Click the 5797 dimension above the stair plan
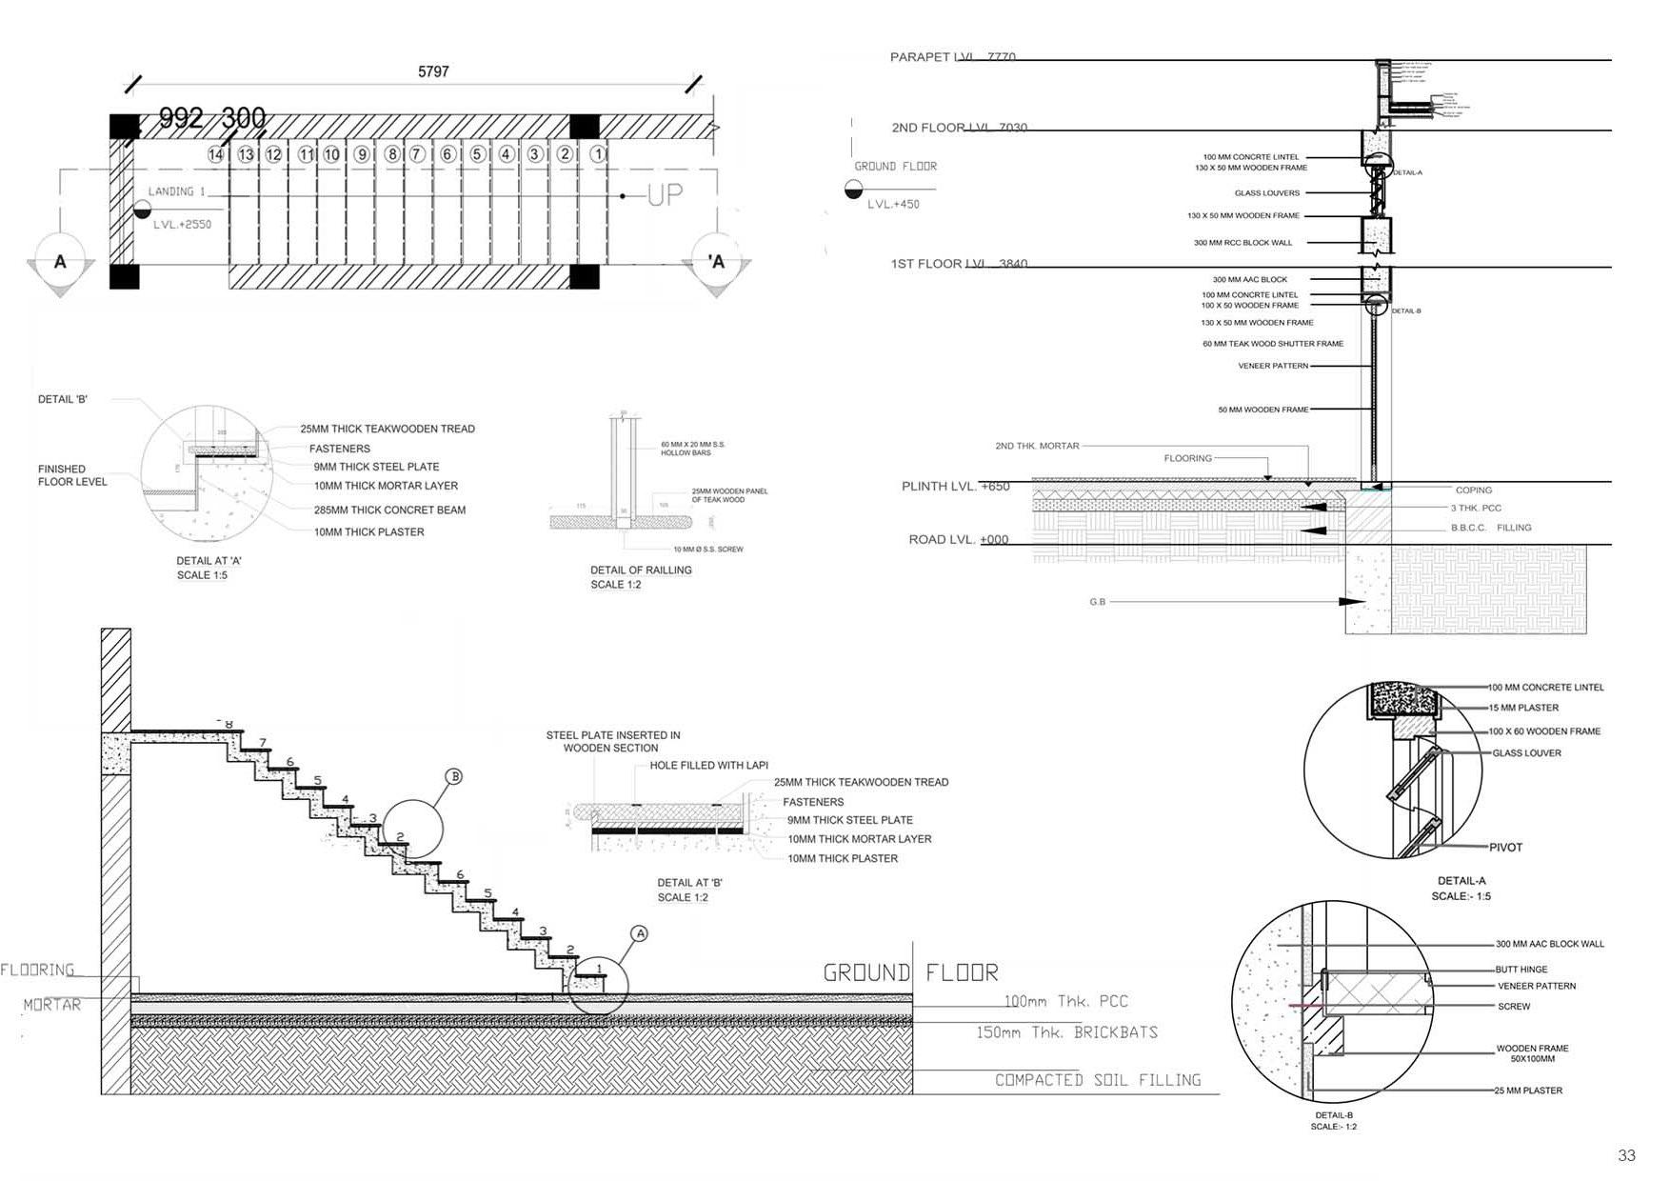(x=433, y=71)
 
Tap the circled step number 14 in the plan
(x=216, y=154)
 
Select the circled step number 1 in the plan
(x=598, y=153)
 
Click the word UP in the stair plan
(x=665, y=195)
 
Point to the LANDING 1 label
(x=176, y=191)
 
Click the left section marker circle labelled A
(x=60, y=261)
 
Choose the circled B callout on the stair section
(x=454, y=776)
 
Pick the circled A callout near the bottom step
(x=640, y=933)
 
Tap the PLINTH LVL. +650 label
(x=955, y=486)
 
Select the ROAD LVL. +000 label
(x=958, y=539)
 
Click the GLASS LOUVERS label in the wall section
(x=1266, y=193)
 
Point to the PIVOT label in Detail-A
(x=1505, y=847)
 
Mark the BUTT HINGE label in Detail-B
(x=1521, y=970)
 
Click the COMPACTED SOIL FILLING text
(x=1097, y=1080)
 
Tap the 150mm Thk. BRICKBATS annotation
(x=1066, y=1032)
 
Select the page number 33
(x=1626, y=1155)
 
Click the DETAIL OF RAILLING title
(x=641, y=570)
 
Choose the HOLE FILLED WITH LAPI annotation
(x=708, y=765)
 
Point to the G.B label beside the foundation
(x=1097, y=602)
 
